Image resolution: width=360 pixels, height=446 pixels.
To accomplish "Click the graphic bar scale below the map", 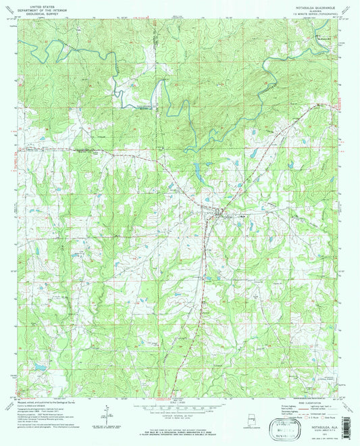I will (x=180, y=412).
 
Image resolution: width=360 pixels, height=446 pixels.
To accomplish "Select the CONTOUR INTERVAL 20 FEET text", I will (x=180, y=420).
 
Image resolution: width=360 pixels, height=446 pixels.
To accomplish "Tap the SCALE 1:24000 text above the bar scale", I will (x=180, y=405).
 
